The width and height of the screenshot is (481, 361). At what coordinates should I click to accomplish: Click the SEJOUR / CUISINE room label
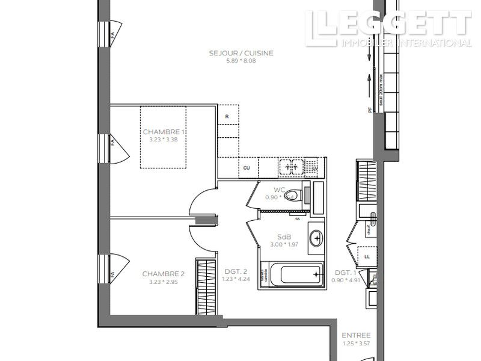240,53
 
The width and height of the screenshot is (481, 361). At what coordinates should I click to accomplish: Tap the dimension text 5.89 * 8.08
240,61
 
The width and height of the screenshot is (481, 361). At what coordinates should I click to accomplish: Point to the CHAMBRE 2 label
163,273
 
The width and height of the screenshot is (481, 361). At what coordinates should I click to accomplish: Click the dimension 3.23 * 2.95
163,282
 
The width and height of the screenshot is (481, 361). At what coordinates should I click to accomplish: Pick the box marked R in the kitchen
227,116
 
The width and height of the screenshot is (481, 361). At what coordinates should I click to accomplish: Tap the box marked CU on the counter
246,168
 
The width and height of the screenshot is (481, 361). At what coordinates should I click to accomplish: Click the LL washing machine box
367,256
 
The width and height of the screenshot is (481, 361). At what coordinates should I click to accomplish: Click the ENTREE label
356,335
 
